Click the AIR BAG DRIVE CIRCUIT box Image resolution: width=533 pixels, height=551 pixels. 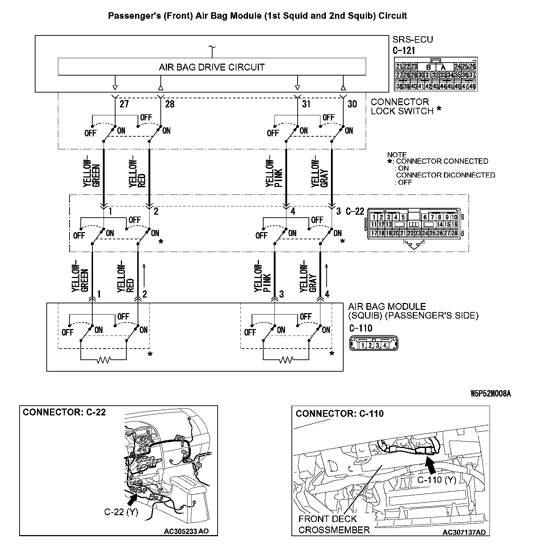pyautogui.click(x=212, y=67)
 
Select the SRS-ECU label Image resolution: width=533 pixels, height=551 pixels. pyautogui.click(x=412, y=39)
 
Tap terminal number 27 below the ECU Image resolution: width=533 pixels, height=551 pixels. pyautogui.click(x=124, y=104)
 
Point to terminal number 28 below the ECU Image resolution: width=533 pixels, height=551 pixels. pyautogui.click(x=170, y=104)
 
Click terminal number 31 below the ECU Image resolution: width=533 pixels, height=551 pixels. pyautogui.click(x=307, y=104)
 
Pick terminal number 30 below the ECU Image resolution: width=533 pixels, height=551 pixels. pyautogui.click(x=352, y=104)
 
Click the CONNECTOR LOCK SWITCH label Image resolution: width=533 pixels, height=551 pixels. pyautogui.click(x=402, y=107)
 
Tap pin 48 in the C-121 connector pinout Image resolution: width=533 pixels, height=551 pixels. pyautogui.click(x=472, y=87)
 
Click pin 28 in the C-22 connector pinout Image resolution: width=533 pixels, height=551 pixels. pyautogui.click(x=454, y=233)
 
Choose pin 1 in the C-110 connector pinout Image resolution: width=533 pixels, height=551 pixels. pyautogui.click(x=363, y=346)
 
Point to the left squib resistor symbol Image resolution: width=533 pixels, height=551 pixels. pyautogui.click(x=104, y=360)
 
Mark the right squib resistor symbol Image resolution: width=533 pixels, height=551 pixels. pyautogui.click(x=286, y=360)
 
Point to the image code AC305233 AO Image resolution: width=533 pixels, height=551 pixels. pyautogui.click(x=186, y=531)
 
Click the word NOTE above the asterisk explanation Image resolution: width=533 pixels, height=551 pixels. pyautogui.click(x=397, y=155)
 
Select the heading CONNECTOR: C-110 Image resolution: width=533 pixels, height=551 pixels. pyautogui.click(x=340, y=414)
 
